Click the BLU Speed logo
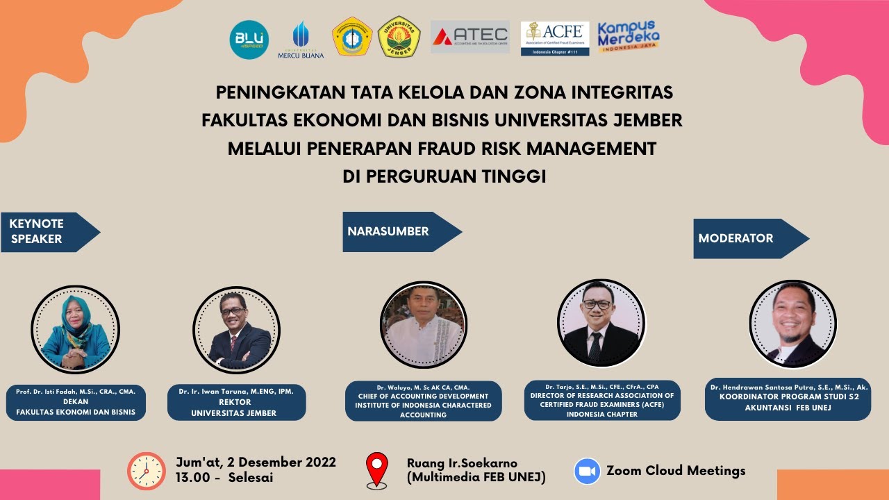click(249, 40)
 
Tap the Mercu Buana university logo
click(301, 39)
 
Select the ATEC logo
click(470, 37)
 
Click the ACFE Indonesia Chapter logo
click(554, 38)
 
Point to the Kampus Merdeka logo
click(629, 35)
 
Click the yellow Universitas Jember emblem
click(399, 37)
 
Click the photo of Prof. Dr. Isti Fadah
click(75, 330)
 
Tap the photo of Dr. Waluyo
click(423, 324)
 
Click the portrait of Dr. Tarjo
click(601, 323)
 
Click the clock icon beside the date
click(147, 471)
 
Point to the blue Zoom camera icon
click(587, 471)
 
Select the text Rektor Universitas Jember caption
click(236, 408)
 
